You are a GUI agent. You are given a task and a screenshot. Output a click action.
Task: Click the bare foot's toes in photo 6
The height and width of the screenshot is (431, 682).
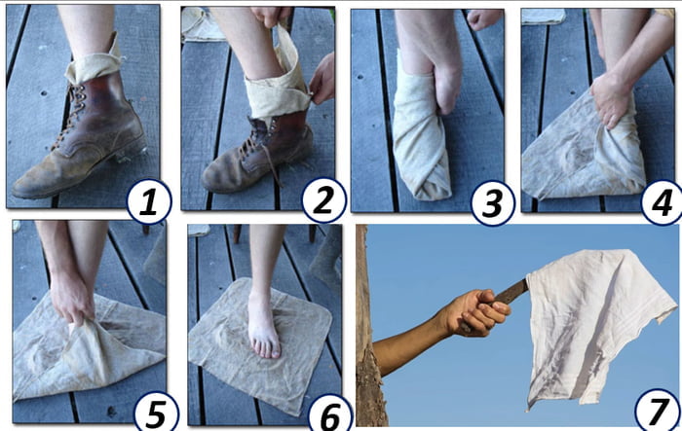(263, 346)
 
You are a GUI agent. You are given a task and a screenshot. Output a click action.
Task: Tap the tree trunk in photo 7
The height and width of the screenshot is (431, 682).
(367, 370)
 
